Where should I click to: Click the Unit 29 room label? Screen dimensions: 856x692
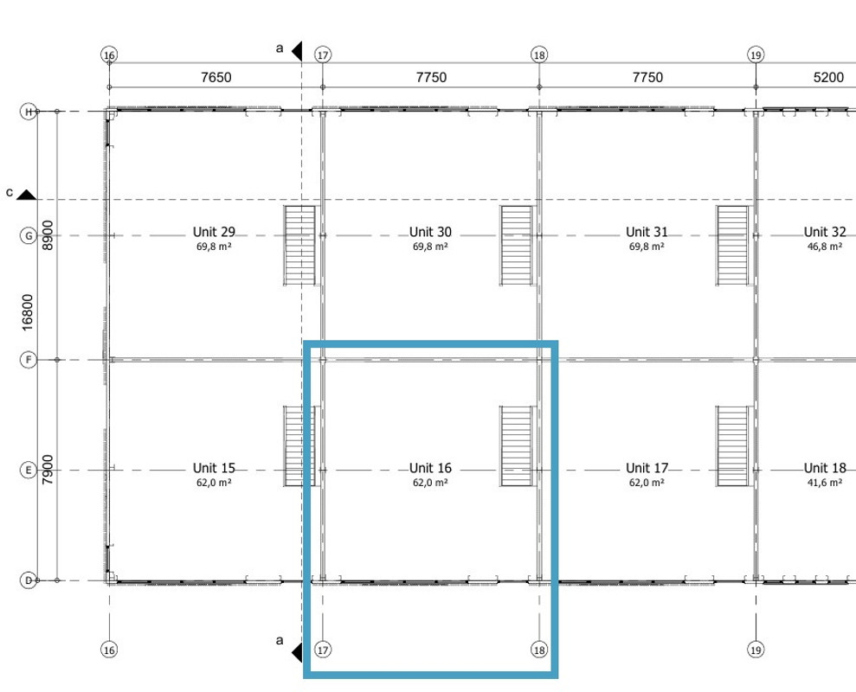(214, 232)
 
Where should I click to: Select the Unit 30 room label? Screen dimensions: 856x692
(430, 232)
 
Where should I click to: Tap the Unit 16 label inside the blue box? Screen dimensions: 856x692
(430, 468)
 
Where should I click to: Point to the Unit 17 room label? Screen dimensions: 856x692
(647, 468)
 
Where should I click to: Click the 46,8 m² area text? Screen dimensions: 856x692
(824, 247)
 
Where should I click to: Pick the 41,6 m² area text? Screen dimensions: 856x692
(824, 483)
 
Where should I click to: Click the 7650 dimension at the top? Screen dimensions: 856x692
(216, 78)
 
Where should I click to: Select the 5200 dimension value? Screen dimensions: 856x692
(828, 78)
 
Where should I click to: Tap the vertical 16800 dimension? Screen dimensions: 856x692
(28, 312)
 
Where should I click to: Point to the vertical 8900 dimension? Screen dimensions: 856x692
(48, 235)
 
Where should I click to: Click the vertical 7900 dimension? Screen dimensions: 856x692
(48, 470)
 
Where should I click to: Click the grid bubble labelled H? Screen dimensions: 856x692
(29, 112)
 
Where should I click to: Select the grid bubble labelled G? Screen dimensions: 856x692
(29, 236)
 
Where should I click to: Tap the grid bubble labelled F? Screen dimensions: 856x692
(29, 360)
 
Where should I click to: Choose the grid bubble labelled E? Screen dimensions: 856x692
(29, 470)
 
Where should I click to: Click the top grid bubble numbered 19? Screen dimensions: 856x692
(756, 55)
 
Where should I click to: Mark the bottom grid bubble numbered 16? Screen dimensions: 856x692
(109, 650)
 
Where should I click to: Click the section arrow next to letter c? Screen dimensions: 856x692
(26, 195)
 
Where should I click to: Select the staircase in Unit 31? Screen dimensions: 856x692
(732, 246)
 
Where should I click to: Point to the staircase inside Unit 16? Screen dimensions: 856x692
(517, 445)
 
